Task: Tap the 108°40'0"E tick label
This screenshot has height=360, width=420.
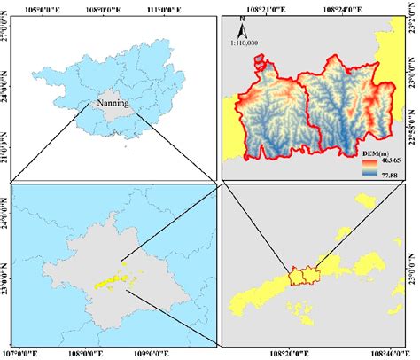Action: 386,352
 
